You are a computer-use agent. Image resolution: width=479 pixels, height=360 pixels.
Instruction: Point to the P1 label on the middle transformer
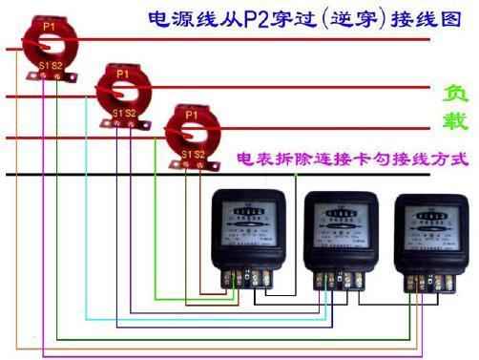point(121,73)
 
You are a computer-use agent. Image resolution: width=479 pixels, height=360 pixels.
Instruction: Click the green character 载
point(454,122)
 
